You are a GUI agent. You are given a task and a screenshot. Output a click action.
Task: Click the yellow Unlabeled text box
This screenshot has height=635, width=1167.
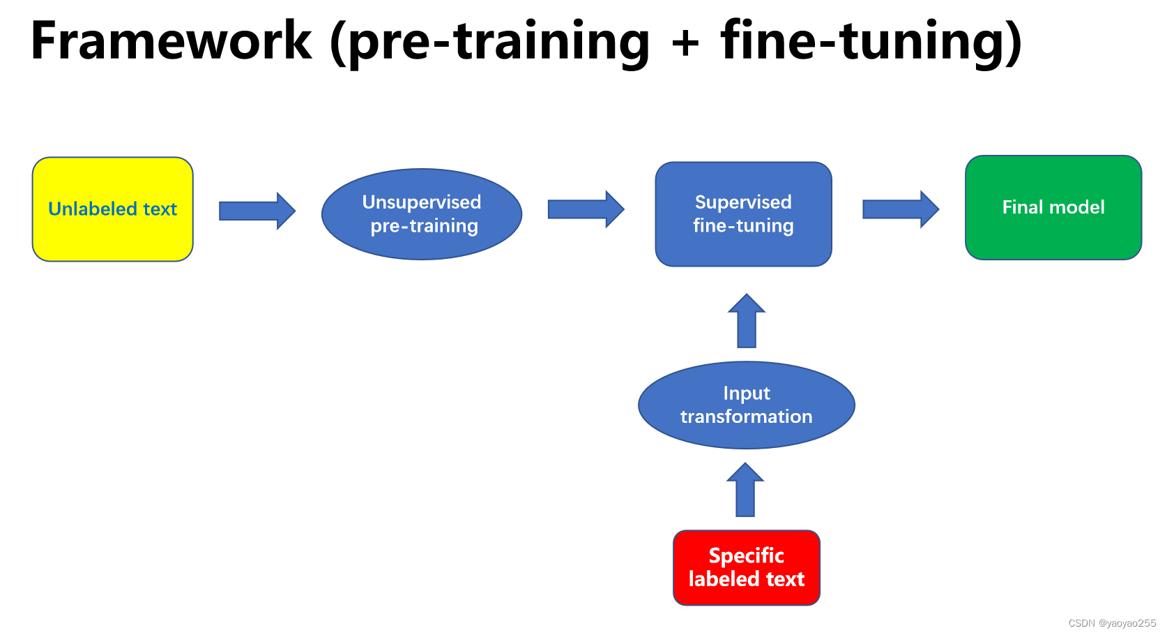click(x=112, y=209)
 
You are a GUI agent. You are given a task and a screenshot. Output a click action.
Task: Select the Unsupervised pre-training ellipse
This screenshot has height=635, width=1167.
click(x=422, y=214)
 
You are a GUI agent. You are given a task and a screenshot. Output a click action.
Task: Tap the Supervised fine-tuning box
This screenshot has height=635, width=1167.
click(x=743, y=214)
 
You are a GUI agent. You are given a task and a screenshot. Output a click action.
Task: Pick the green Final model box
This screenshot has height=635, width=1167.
click(x=1053, y=207)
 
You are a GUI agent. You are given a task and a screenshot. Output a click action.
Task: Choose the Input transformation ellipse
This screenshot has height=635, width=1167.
click(x=746, y=405)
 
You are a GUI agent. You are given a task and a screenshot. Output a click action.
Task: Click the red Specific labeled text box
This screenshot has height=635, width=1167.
click(x=746, y=567)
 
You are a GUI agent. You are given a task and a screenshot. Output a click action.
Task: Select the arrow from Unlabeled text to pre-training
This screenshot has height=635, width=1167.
click(x=257, y=211)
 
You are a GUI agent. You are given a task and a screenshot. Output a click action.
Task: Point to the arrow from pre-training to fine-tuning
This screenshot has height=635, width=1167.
click(x=586, y=209)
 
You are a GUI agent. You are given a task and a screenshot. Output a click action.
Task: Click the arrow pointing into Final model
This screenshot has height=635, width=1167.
click(x=901, y=209)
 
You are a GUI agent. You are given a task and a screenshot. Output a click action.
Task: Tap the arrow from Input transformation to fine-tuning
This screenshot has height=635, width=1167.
click(x=747, y=321)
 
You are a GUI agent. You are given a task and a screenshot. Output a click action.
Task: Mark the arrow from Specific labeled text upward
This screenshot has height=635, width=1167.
click(x=745, y=490)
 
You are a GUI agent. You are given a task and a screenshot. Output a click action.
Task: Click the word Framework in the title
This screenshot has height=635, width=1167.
click(x=171, y=40)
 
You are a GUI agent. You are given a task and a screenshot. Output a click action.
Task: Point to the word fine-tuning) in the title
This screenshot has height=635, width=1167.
click(x=871, y=42)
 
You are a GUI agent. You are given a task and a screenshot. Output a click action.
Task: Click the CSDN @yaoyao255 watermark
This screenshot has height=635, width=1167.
click(x=1111, y=623)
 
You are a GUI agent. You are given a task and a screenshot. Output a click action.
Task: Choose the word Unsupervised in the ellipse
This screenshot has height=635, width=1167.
click(x=422, y=202)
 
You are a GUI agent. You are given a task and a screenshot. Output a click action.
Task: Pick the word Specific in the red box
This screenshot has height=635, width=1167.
click(x=746, y=555)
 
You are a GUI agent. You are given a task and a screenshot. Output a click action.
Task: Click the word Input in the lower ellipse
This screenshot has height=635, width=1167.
click(x=746, y=394)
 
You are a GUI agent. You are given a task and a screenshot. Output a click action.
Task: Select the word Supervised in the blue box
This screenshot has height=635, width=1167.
click(x=743, y=202)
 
